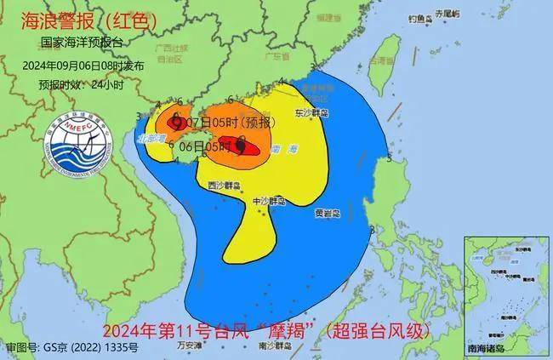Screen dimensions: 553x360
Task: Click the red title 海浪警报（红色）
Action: pyautogui.click(x=72, y=20)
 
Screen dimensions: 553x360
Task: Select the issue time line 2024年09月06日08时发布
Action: pyautogui.click(x=83, y=65)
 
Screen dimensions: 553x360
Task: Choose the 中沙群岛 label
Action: pyautogui.click(x=271, y=201)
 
